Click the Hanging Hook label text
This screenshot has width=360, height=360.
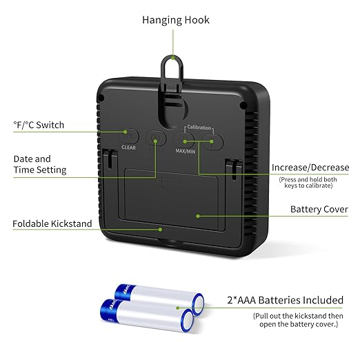click(x=176, y=20)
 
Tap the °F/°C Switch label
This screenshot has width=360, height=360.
click(x=39, y=125)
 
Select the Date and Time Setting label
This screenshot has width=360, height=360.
click(x=40, y=164)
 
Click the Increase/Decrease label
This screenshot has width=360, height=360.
click(x=310, y=168)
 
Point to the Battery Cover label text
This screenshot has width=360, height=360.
click(x=319, y=209)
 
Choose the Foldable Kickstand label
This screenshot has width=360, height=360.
click(x=52, y=223)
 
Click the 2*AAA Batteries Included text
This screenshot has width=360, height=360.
click(x=286, y=300)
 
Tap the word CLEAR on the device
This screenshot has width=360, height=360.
click(x=128, y=148)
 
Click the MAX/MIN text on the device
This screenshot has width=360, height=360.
click(x=186, y=151)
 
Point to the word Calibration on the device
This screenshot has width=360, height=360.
click(x=199, y=127)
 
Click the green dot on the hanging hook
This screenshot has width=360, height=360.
click(x=173, y=57)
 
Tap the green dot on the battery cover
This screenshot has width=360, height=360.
click(x=198, y=216)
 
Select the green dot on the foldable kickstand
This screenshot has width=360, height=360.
click(x=160, y=230)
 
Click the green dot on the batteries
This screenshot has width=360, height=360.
click(x=178, y=308)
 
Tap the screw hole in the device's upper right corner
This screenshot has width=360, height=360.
click(x=243, y=106)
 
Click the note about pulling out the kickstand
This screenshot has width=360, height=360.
click(x=298, y=320)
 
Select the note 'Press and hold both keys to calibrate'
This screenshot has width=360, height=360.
click(x=308, y=183)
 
